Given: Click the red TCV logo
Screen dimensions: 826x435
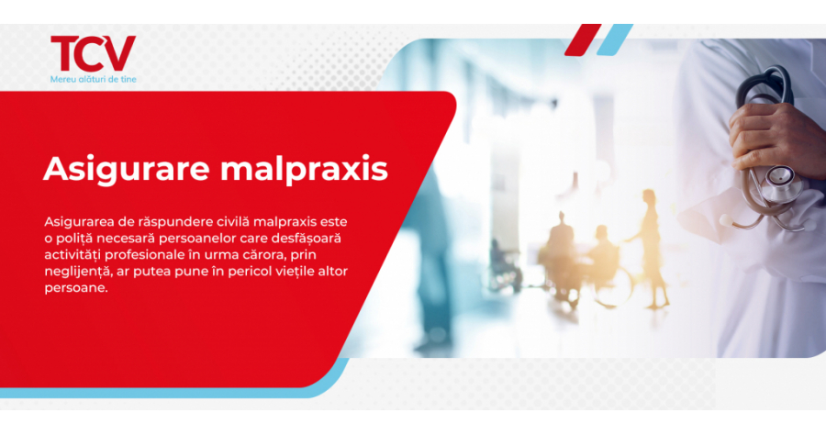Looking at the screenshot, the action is point(94,53).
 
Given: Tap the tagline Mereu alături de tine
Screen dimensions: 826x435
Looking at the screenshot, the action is point(94,80).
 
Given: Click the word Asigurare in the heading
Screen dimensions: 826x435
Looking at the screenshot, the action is point(127,170).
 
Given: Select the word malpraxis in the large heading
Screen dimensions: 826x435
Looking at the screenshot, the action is point(304,170).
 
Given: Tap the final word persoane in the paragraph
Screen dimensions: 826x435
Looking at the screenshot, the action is point(76,289).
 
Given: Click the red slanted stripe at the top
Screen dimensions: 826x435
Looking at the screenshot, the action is point(583,39).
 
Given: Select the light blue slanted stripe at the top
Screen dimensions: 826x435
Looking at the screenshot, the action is point(614,39).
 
